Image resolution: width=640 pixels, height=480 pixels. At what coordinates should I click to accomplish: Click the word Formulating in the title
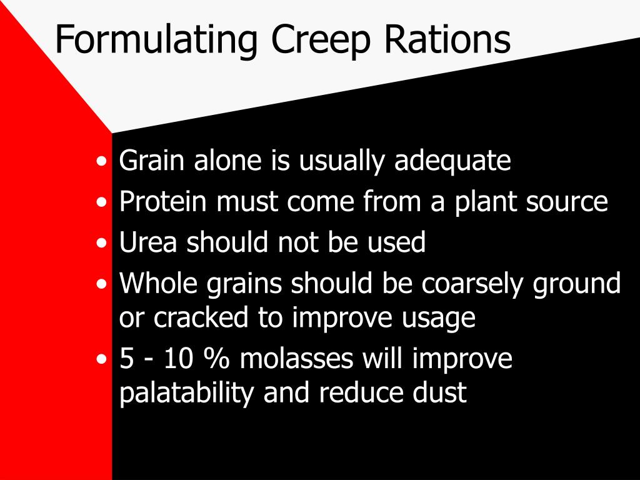[156, 39]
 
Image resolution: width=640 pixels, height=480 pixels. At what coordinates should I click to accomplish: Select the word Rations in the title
[447, 39]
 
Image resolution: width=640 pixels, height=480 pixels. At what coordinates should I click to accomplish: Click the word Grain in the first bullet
[153, 161]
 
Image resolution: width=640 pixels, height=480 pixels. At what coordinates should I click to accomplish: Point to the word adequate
[452, 161]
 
